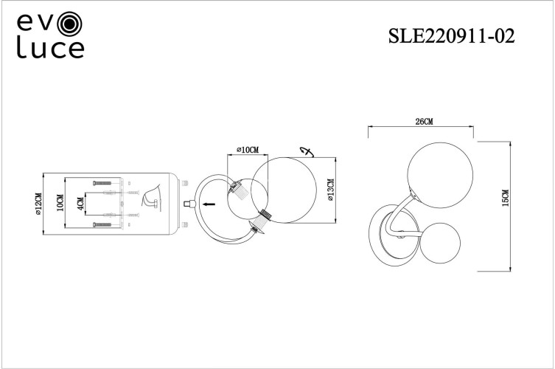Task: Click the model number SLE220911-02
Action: [x=450, y=35]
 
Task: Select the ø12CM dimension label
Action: [x=38, y=204]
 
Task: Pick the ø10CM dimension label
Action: [x=247, y=150]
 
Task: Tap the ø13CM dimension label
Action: [x=331, y=190]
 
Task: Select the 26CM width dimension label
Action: [x=423, y=121]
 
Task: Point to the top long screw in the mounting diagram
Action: [x=100, y=182]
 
